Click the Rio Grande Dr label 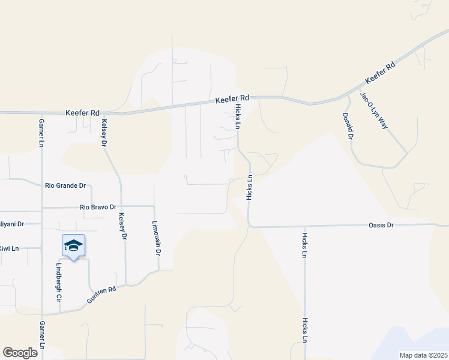pos(65,186)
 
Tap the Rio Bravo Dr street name pos(97,208)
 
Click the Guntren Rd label pos(101,294)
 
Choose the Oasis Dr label pos(381,226)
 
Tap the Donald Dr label pos(347,126)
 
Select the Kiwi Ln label pos(10,248)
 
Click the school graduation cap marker pos(73,245)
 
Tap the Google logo pos(20,353)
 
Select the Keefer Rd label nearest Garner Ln pos(83,112)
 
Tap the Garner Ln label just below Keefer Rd pos(42,133)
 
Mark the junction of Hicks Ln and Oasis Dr pos(250,226)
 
